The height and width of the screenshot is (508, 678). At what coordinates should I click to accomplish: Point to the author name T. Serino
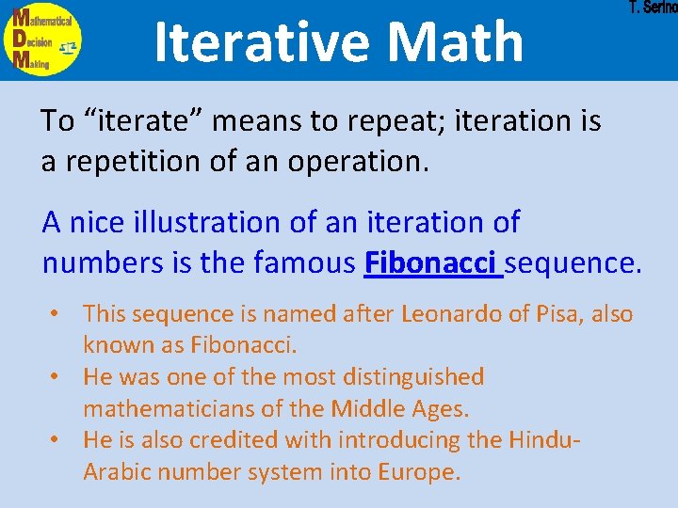click(x=653, y=8)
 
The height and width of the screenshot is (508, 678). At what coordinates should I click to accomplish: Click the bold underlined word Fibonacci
click(x=432, y=263)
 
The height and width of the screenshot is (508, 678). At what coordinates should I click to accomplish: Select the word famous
click(x=304, y=263)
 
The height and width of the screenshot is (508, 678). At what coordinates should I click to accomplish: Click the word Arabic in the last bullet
click(x=115, y=471)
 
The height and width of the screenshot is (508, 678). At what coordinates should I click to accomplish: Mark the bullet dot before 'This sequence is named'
click(x=57, y=314)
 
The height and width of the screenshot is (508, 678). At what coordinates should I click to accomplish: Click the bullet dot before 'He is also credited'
click(x=57, y=440)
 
